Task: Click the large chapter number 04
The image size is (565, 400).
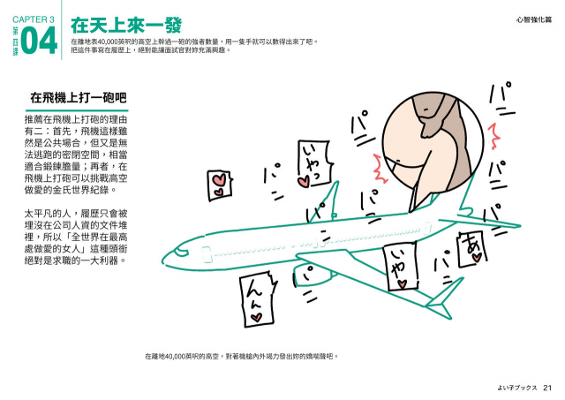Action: [39, 42]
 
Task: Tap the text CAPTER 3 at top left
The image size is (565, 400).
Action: [34, 18]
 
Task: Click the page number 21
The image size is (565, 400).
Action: [547, 386]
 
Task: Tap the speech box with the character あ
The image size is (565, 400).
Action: [471, 246]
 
